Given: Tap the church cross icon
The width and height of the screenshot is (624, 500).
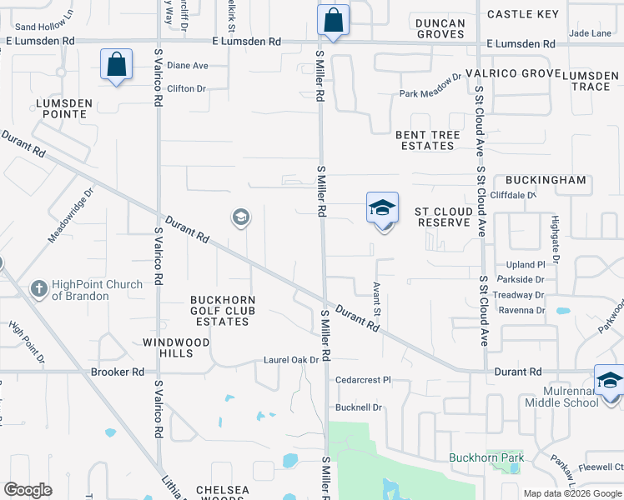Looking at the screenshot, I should pyautogui.click(x=38, y=289).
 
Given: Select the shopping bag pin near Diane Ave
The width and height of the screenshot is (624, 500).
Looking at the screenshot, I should pyautogui.click(x=116, y=65).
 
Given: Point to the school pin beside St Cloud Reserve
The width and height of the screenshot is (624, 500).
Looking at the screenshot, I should pyautogui.click(x=382, y=208).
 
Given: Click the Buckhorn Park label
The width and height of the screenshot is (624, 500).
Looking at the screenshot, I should pyautogui.click(x=486, y=457).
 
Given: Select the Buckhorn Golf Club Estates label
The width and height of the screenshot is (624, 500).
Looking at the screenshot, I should pyautogui.click(x=223, y=311).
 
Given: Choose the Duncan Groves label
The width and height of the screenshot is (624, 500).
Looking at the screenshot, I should pyautogui.click(x=440, y=28).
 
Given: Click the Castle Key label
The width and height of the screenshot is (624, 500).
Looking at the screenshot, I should pyautogui.click(x=523, y=14).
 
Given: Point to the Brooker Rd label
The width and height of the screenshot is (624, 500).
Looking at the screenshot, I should pyautogui.click(x=118, y=372).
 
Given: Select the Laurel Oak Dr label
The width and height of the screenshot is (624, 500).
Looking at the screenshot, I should pyautogui.click(x=291, y=360).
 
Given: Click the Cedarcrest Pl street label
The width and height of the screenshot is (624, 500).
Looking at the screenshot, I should pyautogui.click(x=363, y=380).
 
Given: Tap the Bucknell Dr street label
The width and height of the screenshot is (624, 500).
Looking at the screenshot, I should pyautogui.click(x=358, y=407).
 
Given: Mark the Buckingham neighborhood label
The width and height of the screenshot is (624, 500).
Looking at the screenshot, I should pyautogui.click(x=546, y=180).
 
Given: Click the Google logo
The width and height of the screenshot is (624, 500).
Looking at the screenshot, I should pyautogui.click(x=28, y=490).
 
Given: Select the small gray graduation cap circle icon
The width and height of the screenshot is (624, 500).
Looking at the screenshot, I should pyautogui.click(x=240, y=217).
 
